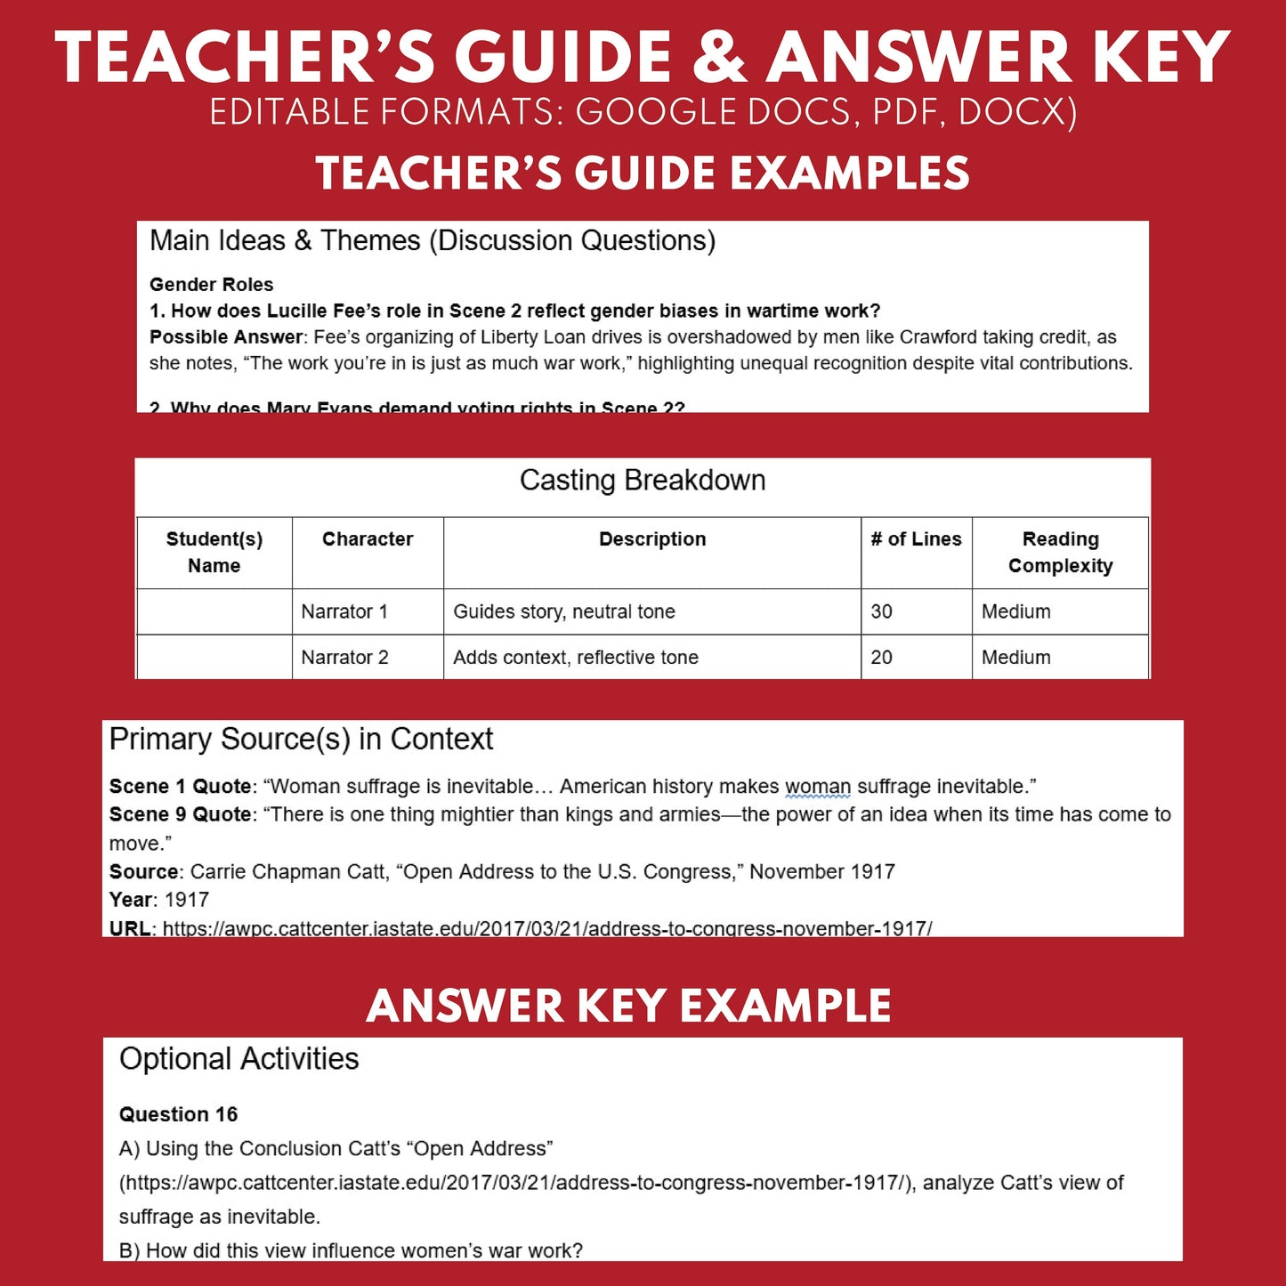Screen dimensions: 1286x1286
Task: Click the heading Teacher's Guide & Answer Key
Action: click(642, 59)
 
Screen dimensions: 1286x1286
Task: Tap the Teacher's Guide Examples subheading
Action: click(642, 174)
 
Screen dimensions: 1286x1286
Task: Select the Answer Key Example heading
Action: click(628, 1007)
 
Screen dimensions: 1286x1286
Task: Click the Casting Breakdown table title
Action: click(642, 481)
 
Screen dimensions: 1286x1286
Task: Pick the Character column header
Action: click(368, 539)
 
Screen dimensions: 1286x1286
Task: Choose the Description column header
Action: click(652, 539)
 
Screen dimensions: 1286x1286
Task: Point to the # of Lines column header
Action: click(916, 539)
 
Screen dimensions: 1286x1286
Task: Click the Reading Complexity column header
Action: click(1060, 553)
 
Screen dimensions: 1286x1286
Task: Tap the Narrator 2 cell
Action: click(344, 658)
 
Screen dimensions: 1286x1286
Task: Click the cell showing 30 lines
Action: click(881, 612)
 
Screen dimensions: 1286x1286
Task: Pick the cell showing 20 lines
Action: click(881, 658)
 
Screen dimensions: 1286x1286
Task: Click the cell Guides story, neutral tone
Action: click(564, 612)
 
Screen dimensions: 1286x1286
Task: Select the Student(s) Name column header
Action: click(214, 553)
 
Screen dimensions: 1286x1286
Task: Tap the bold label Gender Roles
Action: click(211, 285)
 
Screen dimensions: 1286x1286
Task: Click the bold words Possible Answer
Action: click(226, 337)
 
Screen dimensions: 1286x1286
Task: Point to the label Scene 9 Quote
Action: click(180, 814)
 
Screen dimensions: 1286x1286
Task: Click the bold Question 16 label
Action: click(178, 1114)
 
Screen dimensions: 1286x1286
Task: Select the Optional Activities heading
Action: click(239, 1059)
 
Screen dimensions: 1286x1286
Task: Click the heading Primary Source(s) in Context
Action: click(301, 740)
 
